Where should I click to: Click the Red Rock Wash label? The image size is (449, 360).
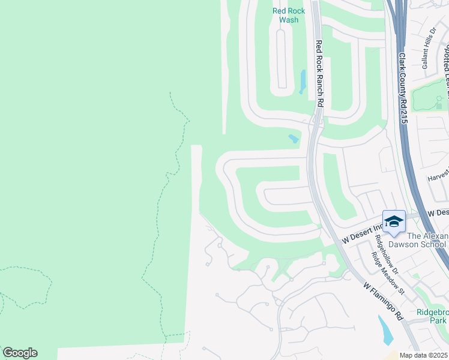pyautogui.click(x=289, y=15)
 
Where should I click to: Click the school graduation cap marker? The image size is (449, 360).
pyautogui.click(x=394, y=222)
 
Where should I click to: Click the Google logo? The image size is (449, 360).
pyautogui.click(x=20, y=353)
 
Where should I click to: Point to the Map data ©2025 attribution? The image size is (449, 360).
pyautogui.click(x=424, y=355)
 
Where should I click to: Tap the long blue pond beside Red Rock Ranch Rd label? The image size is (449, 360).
pyautogui.click(x=303, y=82)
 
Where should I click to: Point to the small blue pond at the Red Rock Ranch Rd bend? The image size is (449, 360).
pyautogui.click(x=293, y=139)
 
